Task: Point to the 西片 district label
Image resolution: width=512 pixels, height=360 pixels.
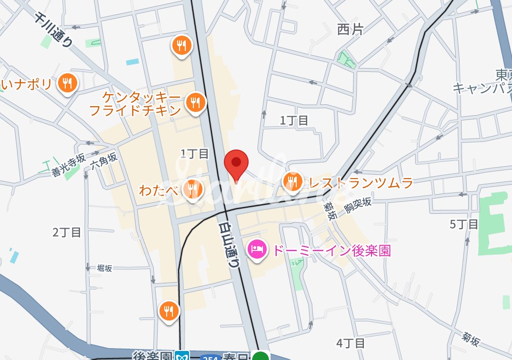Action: [350, 30]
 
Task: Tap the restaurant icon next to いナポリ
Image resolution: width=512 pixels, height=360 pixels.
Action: [67, 84]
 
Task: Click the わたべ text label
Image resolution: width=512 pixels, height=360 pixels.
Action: [159, 190]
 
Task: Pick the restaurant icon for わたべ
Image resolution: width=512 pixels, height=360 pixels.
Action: [192, 190]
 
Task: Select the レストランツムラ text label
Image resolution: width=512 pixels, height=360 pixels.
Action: [361, 182]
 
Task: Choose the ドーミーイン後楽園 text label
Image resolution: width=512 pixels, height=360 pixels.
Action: [331, 250]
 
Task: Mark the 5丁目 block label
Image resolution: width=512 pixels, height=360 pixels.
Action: [463, 224]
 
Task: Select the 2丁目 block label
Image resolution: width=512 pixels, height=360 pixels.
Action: [67, 232]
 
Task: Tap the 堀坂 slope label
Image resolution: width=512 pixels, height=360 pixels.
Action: [104, 268]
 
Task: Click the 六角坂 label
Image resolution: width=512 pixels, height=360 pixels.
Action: [103, 161]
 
